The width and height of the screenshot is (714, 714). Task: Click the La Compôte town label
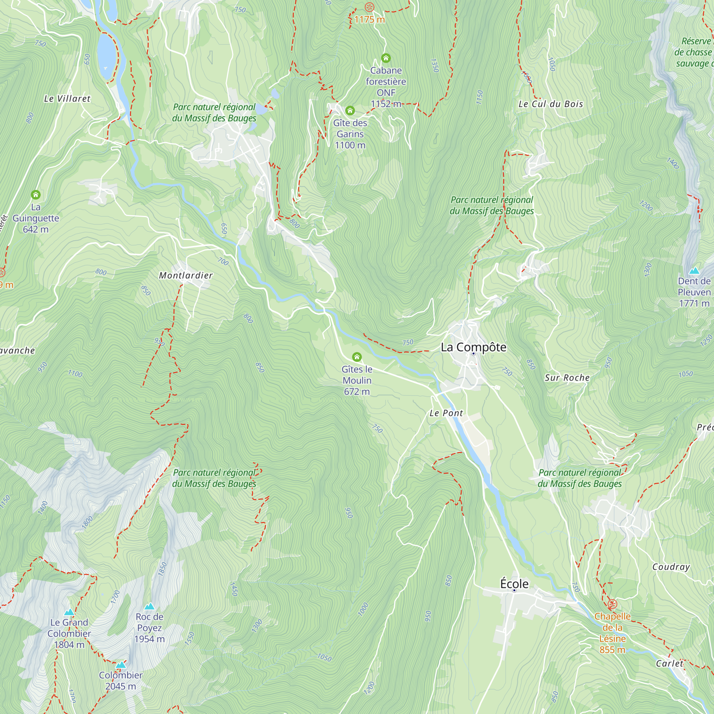pyautogui.click(x=473, y=347)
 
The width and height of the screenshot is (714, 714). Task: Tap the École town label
pyautogui.click(x=514, y=584)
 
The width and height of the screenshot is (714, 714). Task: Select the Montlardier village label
pyautogui.click(x=186, y=275)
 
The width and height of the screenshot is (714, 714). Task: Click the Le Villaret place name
pyautogui.click(x=67, y=99)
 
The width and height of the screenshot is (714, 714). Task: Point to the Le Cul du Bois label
pyautogui.click(x=550, y=104)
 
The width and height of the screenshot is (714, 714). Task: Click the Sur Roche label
pyautogui.click(x=567, y=378)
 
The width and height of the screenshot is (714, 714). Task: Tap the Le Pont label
pyautogui.click(x=446, y=413)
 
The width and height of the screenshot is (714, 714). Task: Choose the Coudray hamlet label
pyautogui.click(x=671, y=567)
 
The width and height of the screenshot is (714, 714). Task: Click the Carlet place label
pyautogui.click(x=669, y=663)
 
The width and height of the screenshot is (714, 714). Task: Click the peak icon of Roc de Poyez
pyautogui.click(x=149, y=607)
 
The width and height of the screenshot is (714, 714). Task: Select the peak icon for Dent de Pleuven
pyautogui.click(x=694, y=271)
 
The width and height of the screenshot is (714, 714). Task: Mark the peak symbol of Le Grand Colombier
pyautogui.click(x=69, y=612)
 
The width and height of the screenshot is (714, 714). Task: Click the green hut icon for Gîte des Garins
pyautogui.click(x=350, y=111)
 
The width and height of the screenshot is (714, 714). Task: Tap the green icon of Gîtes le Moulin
pyautogui.click(x=357, y=357)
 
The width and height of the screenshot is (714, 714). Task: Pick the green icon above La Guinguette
pyautogui.click(x=35, y=195)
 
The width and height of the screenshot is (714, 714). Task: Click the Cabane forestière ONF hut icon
pyautogui.click(x=386, y=58)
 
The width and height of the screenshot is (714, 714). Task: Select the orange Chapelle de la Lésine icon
pyautogui.click(x=612, y=605)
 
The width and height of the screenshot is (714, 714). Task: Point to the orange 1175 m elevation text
pyautogui.click(x=369, y=20)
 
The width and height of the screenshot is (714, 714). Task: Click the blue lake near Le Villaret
pyautogui.click(x=107, y=55)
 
